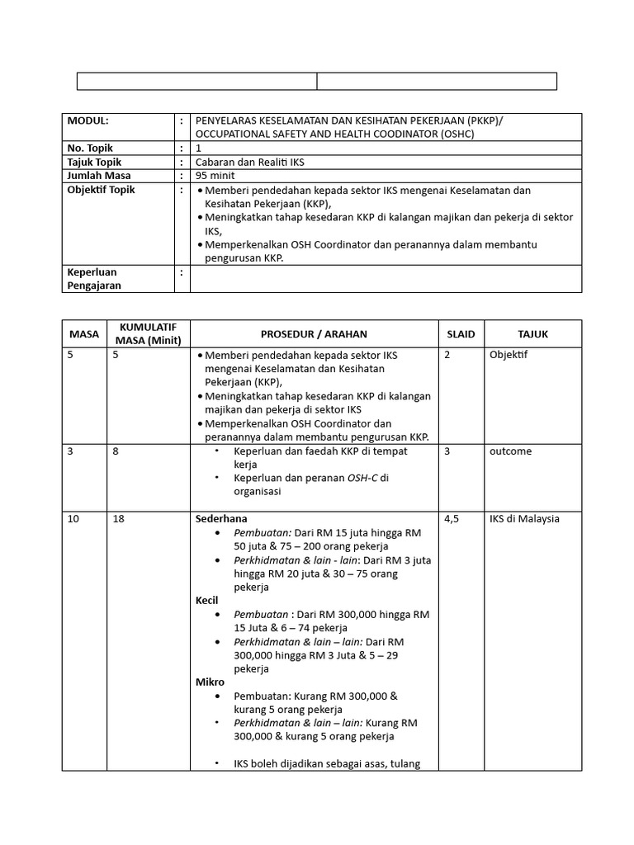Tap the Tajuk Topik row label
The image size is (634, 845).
pyautogui.click(x=93, y=163)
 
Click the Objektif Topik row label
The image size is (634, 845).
pyautogui.click(x=100, y=190)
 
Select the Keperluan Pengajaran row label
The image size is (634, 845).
pyautogui.click(x=93, y=278)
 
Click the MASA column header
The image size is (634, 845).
pyautogui.click(x=83, y=334)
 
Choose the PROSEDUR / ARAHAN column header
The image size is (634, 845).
pyautogui.click(x=314, y=334)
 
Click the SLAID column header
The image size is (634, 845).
pyautogui.click(x=460, y=334)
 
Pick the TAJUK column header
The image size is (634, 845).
pyautogui.click(x=532, y=334)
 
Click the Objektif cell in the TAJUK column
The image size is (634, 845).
pyautogui.click(x=509, y=355)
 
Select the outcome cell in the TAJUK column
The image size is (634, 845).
pyautogui.click(x=510, y=451)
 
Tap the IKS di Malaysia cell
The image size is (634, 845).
pyautogui.click(x=524, y=519)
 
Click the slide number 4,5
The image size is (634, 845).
pyautogui.click(x=452, y=519)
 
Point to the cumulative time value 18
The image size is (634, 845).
pyautogui.click(x=119, y=519)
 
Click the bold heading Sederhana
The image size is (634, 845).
pyautogui.click(x=220, y=519)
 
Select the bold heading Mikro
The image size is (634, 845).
pyautogui.click(x=210, y=682)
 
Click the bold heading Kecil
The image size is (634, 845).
pyautogui.click(x=207, y=601)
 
